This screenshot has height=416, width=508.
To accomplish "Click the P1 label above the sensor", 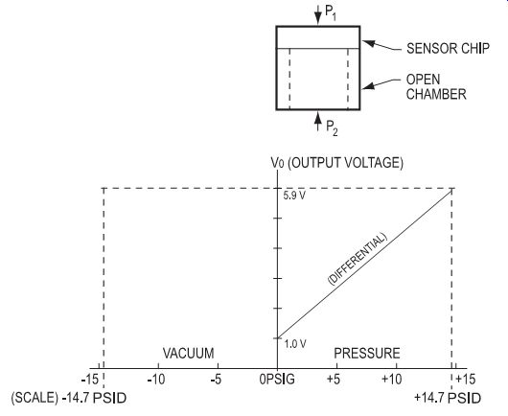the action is pyautogui.click(x=331, y=13).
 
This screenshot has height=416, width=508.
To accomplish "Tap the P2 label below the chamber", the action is pyautogui.click(x=332, y=128).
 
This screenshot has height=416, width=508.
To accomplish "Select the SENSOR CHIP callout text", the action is pyautogui.click(x=448, y=48).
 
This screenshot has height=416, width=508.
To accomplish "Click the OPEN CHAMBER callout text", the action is pyautogui.click(x=436, y=87).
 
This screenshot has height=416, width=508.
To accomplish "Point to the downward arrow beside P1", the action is pyautogui.click(x=318, y=14).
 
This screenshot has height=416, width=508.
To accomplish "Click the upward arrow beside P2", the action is pyautogui.click(x=318, y=121).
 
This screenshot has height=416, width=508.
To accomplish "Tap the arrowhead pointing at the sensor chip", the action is pyautogui.click(x=368, y=43).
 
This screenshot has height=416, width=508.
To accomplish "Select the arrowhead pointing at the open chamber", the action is pyautogui.click(x=368, y=86).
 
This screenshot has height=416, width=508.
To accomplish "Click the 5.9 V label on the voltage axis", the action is pyautogui.click(x=294, y=196).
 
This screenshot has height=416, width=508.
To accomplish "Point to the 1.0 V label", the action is pyautogui.click(x=295, y=344).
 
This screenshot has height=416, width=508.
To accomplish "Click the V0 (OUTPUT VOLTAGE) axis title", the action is pyautogui.click(x=337, y=163).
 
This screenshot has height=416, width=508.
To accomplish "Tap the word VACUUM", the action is pyautogui.click(x=188, y=353).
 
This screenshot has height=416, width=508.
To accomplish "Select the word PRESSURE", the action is pyautogui.click(x=367, y=353).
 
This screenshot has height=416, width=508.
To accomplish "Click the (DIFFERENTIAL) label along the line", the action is pyautogui.click(x=358, y=259).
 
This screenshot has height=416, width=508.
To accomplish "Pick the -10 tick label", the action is pyautogui.click(x=156, y=379).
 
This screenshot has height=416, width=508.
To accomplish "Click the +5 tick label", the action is pyautogui.click(x=334, y=379).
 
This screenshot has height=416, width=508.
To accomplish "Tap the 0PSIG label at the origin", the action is pyautogui.click(x=277, y=379).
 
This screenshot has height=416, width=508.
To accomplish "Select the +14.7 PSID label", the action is pyautogui.click(x=448, y=398).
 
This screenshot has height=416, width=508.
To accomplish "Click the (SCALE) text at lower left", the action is pyautogui.click(x=35, y=398).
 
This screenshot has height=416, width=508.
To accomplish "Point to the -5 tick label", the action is pyautogui.click(x=216, y=379).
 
